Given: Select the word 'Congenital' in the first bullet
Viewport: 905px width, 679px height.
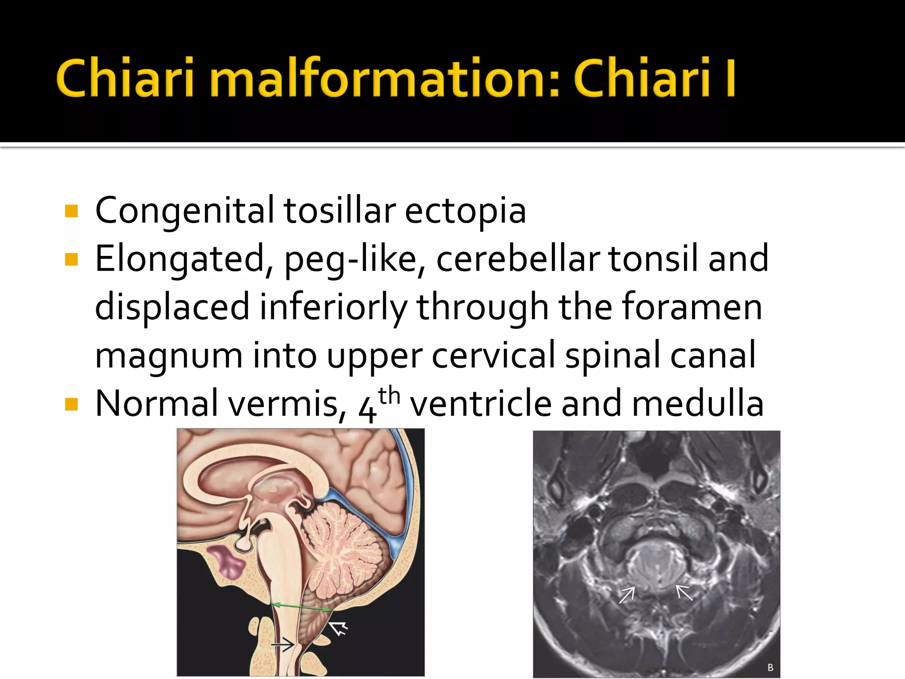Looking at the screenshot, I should click(x=184, y=211).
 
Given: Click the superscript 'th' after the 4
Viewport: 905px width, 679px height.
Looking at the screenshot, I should click(x=389, y=395).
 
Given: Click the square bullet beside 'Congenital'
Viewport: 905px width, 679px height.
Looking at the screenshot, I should click(x=71, y=211).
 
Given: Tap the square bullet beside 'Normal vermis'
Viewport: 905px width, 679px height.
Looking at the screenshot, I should click(x=71, y=404).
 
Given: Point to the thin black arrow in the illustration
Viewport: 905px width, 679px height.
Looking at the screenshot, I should click(x=283, y=645).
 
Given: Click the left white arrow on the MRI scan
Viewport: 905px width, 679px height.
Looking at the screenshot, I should click(x=627, y=594).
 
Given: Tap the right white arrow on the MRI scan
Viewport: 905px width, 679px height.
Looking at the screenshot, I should click(x=684, y=592).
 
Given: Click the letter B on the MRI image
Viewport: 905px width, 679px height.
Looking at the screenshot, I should click(x=770, y=668).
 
